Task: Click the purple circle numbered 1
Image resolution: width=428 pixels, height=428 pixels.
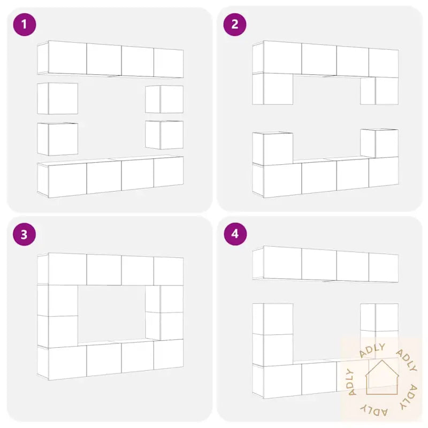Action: [x=25, y=25]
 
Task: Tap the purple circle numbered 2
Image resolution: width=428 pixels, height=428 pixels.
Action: [x=235, y=25]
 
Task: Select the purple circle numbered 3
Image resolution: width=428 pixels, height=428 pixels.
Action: [x=25, y=234]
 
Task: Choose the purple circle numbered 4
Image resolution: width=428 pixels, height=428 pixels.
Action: [x=235, y=234]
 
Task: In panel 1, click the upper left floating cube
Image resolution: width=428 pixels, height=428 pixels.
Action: [x=58, y=98]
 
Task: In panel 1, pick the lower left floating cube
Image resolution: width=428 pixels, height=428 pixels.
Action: [x=58, y=139]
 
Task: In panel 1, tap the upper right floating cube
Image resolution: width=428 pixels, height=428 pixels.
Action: [x=164, y=99]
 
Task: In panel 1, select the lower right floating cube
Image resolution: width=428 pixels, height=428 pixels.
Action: [x=164, y=135]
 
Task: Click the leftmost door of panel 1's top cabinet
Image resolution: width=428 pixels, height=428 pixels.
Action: [x=68, y=58]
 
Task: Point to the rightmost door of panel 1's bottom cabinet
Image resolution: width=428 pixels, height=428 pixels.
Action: [x=169, y=172]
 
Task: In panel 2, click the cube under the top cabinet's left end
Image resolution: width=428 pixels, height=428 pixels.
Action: [x=273, y=88]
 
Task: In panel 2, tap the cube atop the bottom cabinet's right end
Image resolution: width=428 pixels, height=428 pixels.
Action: [x=379, y=143]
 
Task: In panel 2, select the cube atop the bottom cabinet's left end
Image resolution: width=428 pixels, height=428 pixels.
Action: [x=273, y=149]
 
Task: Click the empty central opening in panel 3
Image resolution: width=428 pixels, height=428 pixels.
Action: [x=112, y=313]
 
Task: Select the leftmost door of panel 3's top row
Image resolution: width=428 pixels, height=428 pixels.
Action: [x=68, y=269]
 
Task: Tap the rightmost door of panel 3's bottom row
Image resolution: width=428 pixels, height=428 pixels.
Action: [x=169, y=354]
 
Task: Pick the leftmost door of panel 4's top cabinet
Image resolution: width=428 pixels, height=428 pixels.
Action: [x=283, y=262]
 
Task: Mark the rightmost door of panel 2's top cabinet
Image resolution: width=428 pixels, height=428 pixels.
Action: [x=384, y=63]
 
